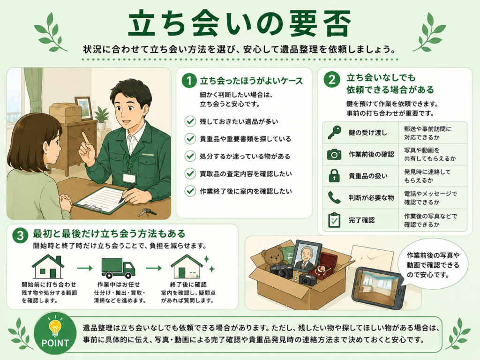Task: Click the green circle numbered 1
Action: pos(189,81)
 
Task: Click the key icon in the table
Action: pos(334,133)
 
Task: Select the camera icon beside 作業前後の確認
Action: pos(334,154)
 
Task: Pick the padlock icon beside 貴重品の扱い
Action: pos(334,176)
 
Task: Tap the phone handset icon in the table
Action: pos(334,198)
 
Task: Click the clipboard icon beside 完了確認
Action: pos(334,220)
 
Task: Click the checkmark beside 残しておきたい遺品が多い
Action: pos(190,121)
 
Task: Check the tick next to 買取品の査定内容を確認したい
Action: pos(190,173)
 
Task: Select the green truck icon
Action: pos(118,268)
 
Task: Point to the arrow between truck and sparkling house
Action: pos(154,268)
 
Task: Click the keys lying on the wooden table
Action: pos(147,212)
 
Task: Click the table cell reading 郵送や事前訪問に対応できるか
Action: pos(433,133)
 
